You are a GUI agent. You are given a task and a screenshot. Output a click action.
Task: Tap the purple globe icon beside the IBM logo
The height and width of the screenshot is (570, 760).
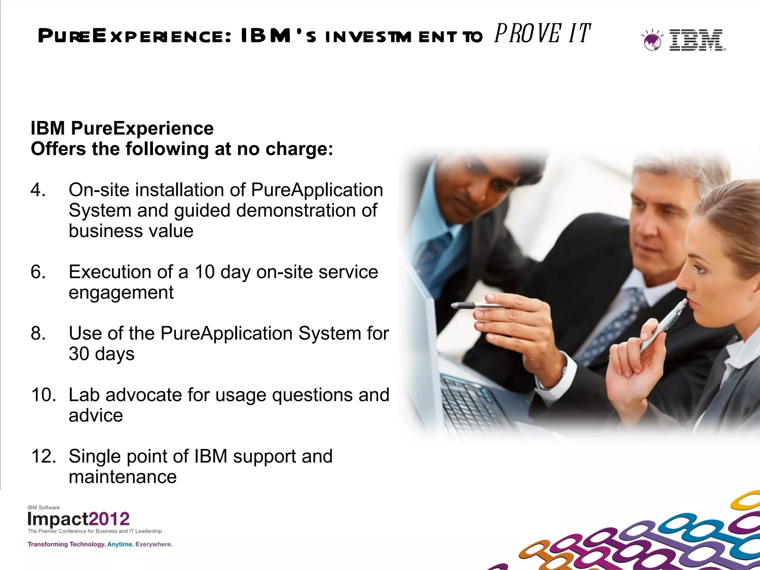coord(652,40)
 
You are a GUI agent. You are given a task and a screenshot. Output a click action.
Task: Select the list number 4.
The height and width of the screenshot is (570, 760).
coord(38,190)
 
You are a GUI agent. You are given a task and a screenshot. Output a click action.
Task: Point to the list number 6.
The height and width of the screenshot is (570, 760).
coord(38,272)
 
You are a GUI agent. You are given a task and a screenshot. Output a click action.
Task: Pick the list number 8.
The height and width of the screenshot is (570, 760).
coord(38,333)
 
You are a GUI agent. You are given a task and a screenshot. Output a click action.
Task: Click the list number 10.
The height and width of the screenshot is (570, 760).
coord(43,395)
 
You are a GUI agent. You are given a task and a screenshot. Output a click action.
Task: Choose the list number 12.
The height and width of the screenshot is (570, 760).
coord(43,456)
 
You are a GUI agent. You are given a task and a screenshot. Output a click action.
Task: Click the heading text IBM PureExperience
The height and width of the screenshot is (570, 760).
coord(122,128)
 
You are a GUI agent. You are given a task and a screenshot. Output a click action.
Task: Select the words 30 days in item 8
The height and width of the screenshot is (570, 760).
coord(101,354)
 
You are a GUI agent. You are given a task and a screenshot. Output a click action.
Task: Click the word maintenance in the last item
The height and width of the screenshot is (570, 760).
coord(122,477)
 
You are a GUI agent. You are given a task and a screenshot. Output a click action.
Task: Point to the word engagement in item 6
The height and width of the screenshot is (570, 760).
coord(121,292)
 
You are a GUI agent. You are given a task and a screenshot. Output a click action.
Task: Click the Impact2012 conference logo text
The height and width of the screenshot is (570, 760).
coord(79,519)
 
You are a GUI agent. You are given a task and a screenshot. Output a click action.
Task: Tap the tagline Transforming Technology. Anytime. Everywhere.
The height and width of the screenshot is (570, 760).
coord(100,544)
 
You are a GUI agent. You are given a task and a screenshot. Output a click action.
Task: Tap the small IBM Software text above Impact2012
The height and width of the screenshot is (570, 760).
coord(43,507)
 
